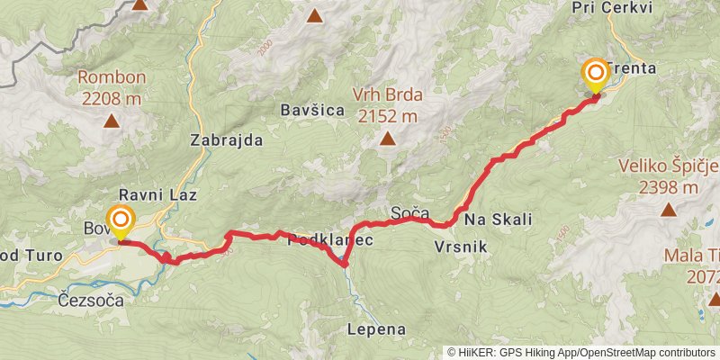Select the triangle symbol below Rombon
tap(112, 120)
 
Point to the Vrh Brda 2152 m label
tap(387, 107)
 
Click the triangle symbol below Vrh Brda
tap(387, 139)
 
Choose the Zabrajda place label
tap(227, 140)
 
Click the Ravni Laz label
tap(158, 194)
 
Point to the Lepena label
tap(377, 329)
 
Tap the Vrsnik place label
tap(462, 245)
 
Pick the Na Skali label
tap(499, 220)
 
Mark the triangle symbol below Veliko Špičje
tap(669, 210)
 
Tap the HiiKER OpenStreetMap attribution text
tap(581, 353)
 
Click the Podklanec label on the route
tap(329, 241)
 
